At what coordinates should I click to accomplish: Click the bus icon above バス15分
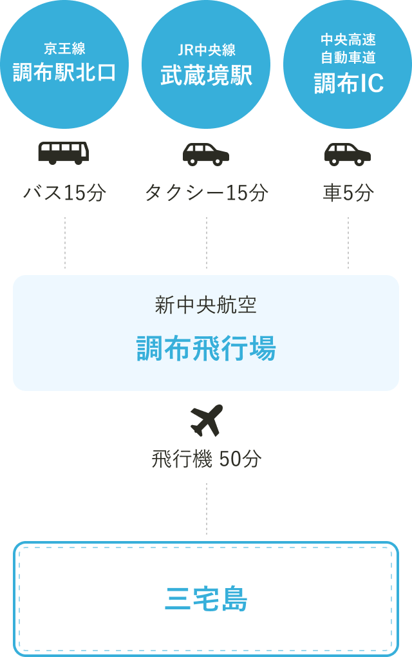[64, 153]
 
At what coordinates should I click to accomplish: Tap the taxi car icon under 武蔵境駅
[206, 154]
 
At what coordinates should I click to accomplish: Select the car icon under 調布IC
[348, 154]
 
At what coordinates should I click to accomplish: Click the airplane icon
[207, 420]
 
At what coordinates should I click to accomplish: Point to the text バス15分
[64, 193]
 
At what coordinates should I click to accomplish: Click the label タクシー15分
[206, 193]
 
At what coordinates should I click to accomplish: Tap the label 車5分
[348, 193]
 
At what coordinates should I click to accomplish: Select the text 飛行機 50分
[206, 459]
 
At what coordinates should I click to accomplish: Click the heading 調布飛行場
[206, 349]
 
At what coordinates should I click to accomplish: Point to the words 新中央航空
[206, 305]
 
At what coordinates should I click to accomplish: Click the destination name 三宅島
[206, 600]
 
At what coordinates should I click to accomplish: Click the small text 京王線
[64, 49]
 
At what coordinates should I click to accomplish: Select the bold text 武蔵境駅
[206, 75]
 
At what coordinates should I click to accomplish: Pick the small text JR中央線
[206, 50]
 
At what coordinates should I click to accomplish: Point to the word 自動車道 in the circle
[348, 59]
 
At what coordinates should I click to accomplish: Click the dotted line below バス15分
[65, 242]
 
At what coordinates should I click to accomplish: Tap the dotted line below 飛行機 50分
[207, 508]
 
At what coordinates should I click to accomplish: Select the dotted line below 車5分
[348, 242]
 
